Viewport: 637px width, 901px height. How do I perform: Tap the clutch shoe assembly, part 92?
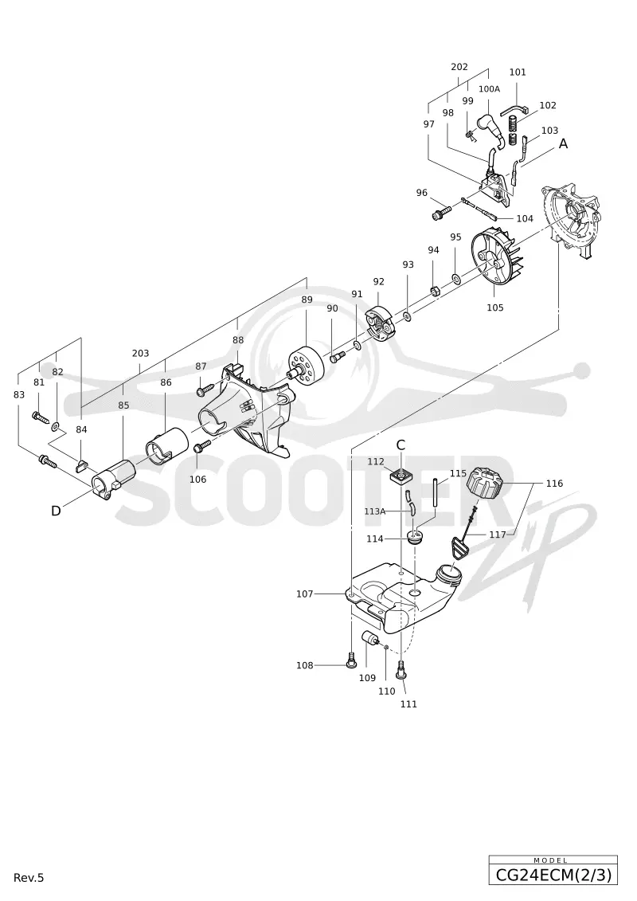[x=378, y=326]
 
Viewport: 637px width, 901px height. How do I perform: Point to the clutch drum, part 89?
[x=304, y=366]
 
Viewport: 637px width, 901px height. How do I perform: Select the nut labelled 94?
[x=436, y=288]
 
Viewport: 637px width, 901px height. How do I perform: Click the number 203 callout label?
[x=141, y=354]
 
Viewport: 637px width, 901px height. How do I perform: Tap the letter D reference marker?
[x=56, y=511]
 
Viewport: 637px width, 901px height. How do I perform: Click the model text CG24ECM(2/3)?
[x=553, y=876]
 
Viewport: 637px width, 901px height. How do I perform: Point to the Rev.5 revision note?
[x=29, y=877]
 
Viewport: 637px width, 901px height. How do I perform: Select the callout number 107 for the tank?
[x=304, y=593]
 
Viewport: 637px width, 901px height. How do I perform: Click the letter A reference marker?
[x=564, y=143]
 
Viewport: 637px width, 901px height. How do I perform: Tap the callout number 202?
[x=459, y=67]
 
